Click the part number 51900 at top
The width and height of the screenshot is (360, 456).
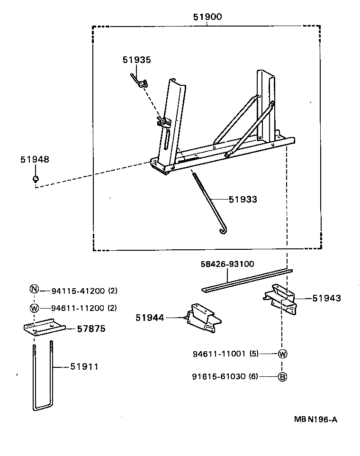coord(207,17)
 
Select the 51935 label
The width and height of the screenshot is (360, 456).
coord(136,60)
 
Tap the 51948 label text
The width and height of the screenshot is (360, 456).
coord(35,160)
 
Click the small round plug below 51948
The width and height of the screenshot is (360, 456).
coord(35,179)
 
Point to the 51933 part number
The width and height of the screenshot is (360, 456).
coord(243,200)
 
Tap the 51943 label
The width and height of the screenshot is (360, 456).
coord(326,298)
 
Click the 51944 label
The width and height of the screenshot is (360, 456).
coord(150,318)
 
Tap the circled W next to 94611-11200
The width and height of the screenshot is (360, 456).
coord(34,308)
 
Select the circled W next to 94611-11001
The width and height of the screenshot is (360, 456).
coord(282,354)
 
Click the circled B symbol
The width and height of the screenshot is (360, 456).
coord(282,377)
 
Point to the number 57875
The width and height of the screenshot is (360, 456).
coord(91,328)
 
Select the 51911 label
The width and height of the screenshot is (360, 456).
coord(84,366)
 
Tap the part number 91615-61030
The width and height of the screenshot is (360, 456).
coord(218,377)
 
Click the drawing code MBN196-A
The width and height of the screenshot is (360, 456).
coord(315,420)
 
